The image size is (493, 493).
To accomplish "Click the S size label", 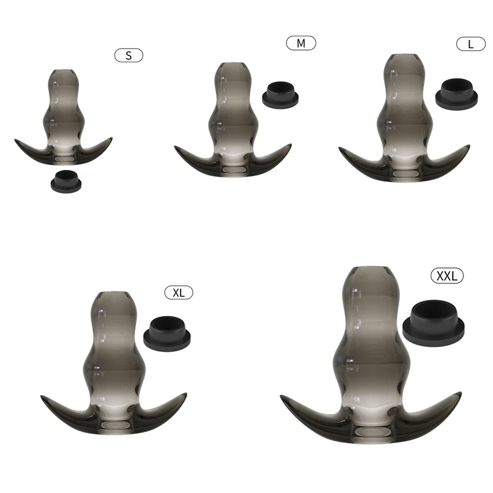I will pyautogui.click(x=129, y=55).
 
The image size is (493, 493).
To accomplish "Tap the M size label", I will pyautogui.click(x=301, y=43).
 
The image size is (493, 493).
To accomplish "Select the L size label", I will pyautogui.click(x=471, y=44).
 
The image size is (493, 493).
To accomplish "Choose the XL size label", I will pyautogui.click(x=179, y=292).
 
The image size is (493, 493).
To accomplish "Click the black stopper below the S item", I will pyautogui.click(x=65, y=181).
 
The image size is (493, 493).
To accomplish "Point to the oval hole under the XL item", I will pyautogui.click(x=116, y=426).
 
